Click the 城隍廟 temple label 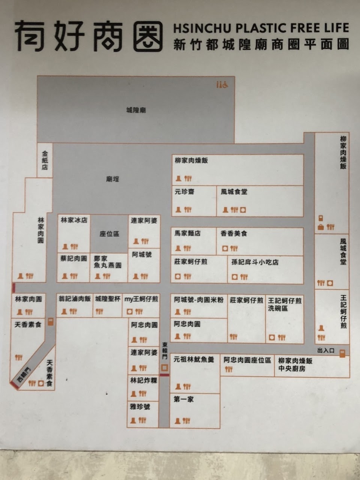pyautogui.click(x=136, y=110)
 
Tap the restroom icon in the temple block pyautogui.click(x=222, y=85)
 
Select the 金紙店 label pyautogui.click(x=45, y=160)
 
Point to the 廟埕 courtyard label pyautogui.click(x=112, y=179)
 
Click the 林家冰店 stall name pyautogui.click(x=74, y=220)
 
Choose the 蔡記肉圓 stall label pyautogui.click(x=73, y=259)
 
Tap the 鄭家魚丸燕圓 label pyautogui.click(x=108, y=262)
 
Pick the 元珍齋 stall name pyautogui.click(x=184, y=192)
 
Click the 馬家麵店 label pyautogui.click(x=187, y=233)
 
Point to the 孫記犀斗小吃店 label pyautogui.click(x=255, y=262)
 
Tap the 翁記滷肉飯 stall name pyautogui.click(x=74, y=299)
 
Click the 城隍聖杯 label pyautogui.click(x=108, y=299)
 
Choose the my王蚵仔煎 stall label pyautogui.click(x=141, y=299)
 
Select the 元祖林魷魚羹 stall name pyautogui.click(x=193, y=359)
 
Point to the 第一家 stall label pyautogui.click(x=184, y=399)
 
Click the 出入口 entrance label pyautogui.click(x=325, y=350)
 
